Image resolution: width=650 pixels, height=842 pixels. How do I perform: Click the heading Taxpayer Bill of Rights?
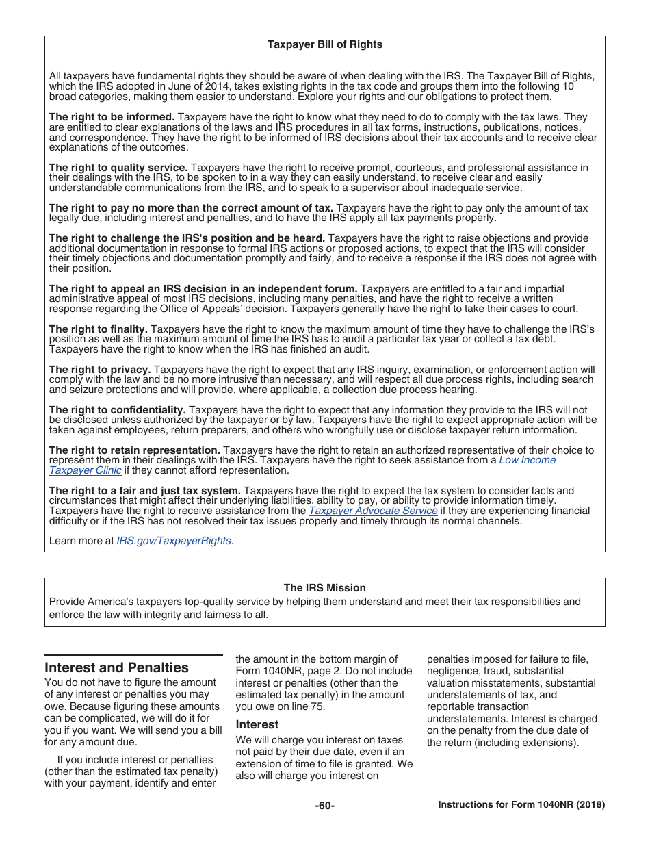pyautogui.click(x=324, y=44)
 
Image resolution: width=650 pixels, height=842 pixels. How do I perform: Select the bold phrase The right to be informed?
pyautogui.click(x=112, y=117)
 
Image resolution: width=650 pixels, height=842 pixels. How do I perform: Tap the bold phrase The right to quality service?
pyautogui.click(x=118, y=168)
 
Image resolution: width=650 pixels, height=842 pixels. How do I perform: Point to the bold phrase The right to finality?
pyautogui.click(x=98, y=329)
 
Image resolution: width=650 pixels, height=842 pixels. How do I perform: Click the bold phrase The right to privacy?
pyautogui.click(x=100, y=370)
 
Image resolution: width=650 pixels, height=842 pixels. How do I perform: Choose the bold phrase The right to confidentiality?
pyautogui.click(x=117, y=410)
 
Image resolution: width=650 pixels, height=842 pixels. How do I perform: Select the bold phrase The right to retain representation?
pyautogui.click(x=134, y=450)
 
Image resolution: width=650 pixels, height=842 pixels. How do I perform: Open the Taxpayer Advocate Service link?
pyautogui.click(x=373, y=511)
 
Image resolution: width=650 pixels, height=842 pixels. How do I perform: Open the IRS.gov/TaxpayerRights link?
pyautogui.click(x=174, y=541)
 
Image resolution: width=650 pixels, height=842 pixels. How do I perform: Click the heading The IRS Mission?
pyautogui.click(x=324, y=588)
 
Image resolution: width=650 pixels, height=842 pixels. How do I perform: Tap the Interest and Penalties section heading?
pyautogui.click(x=116, y=667)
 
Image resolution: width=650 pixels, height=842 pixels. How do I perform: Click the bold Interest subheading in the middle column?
pyautogui.click(x=257, y=724)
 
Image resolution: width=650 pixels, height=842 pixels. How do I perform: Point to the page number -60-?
pyautogui.click(x=324, y=806)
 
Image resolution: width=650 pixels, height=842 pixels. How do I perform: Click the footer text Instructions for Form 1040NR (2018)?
pyautogui.click(x=521, y=806)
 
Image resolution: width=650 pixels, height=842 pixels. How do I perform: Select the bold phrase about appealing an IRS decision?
pyautogui.click(x=203, y=289)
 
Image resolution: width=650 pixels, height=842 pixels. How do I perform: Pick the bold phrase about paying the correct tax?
pyautogui.click(x=191, y=208)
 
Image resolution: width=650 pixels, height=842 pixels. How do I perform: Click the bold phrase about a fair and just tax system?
pyautogui.click(x=144, y=491)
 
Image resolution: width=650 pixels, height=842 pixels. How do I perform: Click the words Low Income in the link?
pyautogui.click(x=528, y=460)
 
